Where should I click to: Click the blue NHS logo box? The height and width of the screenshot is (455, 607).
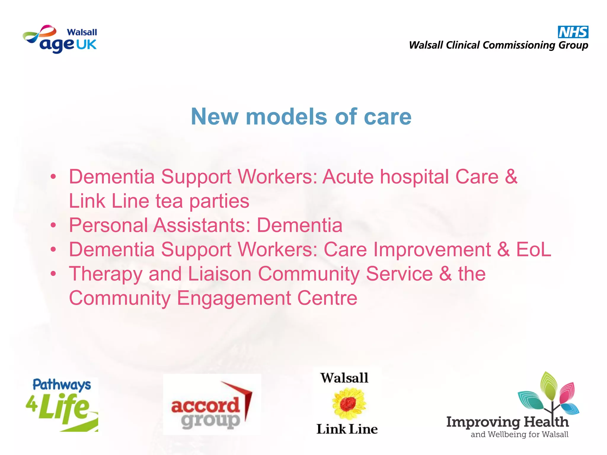(573, 32)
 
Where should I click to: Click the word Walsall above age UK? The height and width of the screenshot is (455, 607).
(82, 32)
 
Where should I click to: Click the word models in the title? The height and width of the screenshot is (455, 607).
(286, 116)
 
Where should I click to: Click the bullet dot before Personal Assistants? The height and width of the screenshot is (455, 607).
(53, 225)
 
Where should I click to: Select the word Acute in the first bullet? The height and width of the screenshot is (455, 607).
(348, 177)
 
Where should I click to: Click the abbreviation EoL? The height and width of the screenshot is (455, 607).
(533, 249)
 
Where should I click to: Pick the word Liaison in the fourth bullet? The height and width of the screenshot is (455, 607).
(220, 274)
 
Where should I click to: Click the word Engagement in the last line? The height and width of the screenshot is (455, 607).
(234, 298)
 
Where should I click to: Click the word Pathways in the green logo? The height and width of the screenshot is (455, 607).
(62, 385)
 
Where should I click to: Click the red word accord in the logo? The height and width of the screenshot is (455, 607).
(205, 406)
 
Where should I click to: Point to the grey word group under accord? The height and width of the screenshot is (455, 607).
(210, 421)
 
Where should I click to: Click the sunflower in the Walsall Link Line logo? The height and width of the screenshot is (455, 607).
(349, 404)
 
